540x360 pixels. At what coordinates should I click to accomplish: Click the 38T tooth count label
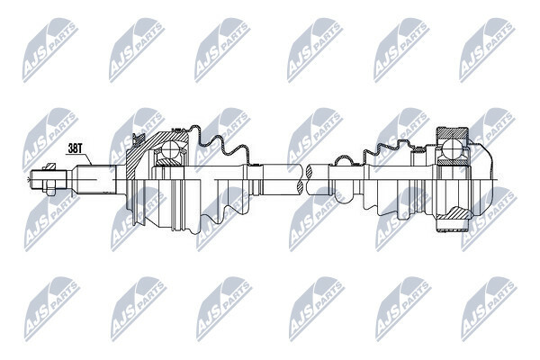(75, 148)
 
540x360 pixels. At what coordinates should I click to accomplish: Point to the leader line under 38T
(79, 158)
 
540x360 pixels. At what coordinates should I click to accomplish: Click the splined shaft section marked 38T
(94, 179)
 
